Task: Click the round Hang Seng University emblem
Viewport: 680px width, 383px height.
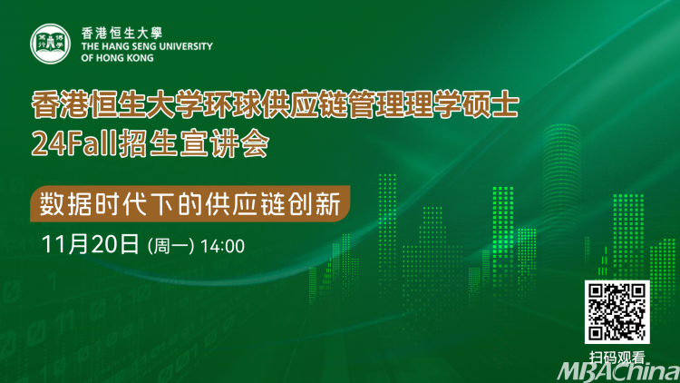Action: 50,44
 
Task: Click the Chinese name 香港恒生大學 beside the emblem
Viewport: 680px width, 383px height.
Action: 121,33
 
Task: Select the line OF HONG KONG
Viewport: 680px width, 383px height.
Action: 117,58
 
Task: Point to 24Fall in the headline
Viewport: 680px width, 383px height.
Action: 74,143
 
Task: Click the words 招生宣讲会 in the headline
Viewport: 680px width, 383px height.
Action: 194,143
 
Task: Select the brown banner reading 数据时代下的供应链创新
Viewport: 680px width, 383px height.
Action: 190,203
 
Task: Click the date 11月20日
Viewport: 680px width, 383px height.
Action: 90,244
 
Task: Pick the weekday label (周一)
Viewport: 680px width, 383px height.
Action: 170,246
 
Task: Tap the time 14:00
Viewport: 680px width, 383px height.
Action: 222,246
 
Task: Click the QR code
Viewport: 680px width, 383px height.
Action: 617,312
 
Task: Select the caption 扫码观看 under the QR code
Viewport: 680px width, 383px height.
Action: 617,358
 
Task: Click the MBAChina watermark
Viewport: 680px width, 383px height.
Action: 619,372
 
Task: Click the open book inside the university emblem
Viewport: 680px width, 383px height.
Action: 50,44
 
